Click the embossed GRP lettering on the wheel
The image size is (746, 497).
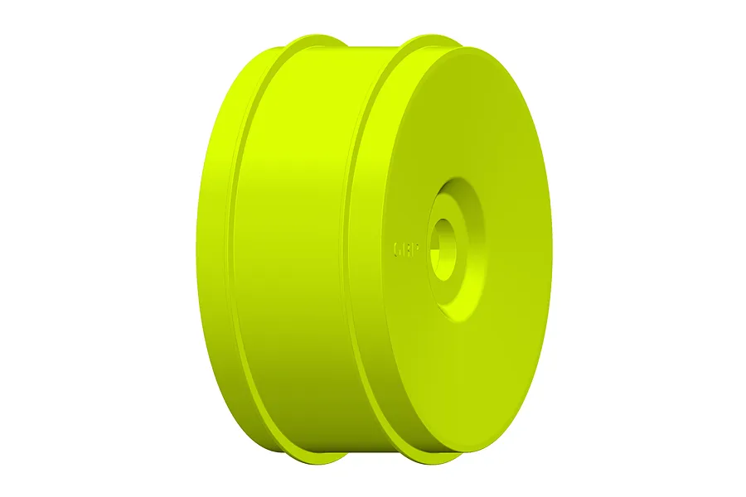click(x=405, y=247)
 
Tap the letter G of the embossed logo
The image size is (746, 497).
click(x=397, y=247)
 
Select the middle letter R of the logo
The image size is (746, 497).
click(x=406, y=247)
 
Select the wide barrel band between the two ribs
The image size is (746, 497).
click(x=298, y=248)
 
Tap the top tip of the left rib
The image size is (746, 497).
click(x=319, y=36)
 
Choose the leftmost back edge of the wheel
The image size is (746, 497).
click(x=197, y=248)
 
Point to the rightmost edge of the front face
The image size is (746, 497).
click(x=551, y=248)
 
